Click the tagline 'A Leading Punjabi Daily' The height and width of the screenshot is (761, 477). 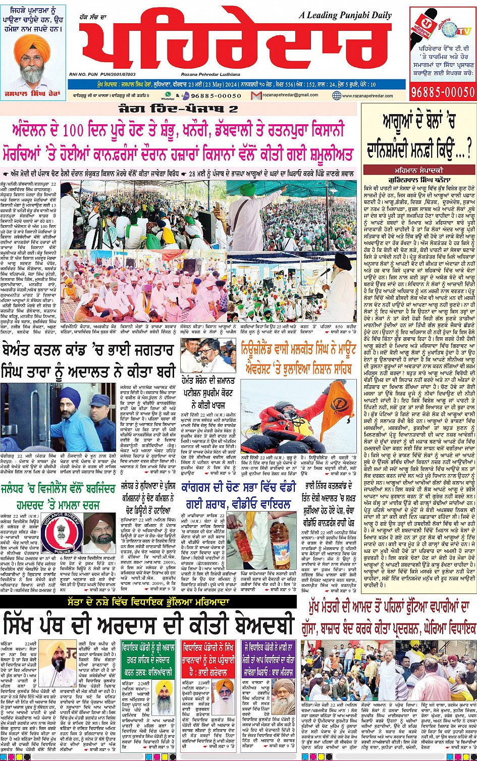coord(344,15)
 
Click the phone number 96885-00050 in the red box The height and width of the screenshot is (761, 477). coord(443,91)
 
